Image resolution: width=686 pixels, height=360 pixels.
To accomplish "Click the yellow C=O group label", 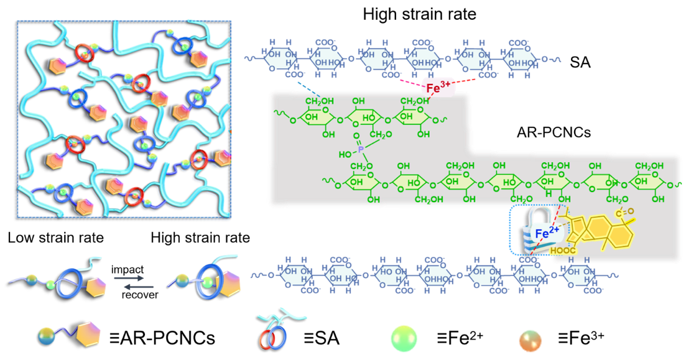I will point(624,213).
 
